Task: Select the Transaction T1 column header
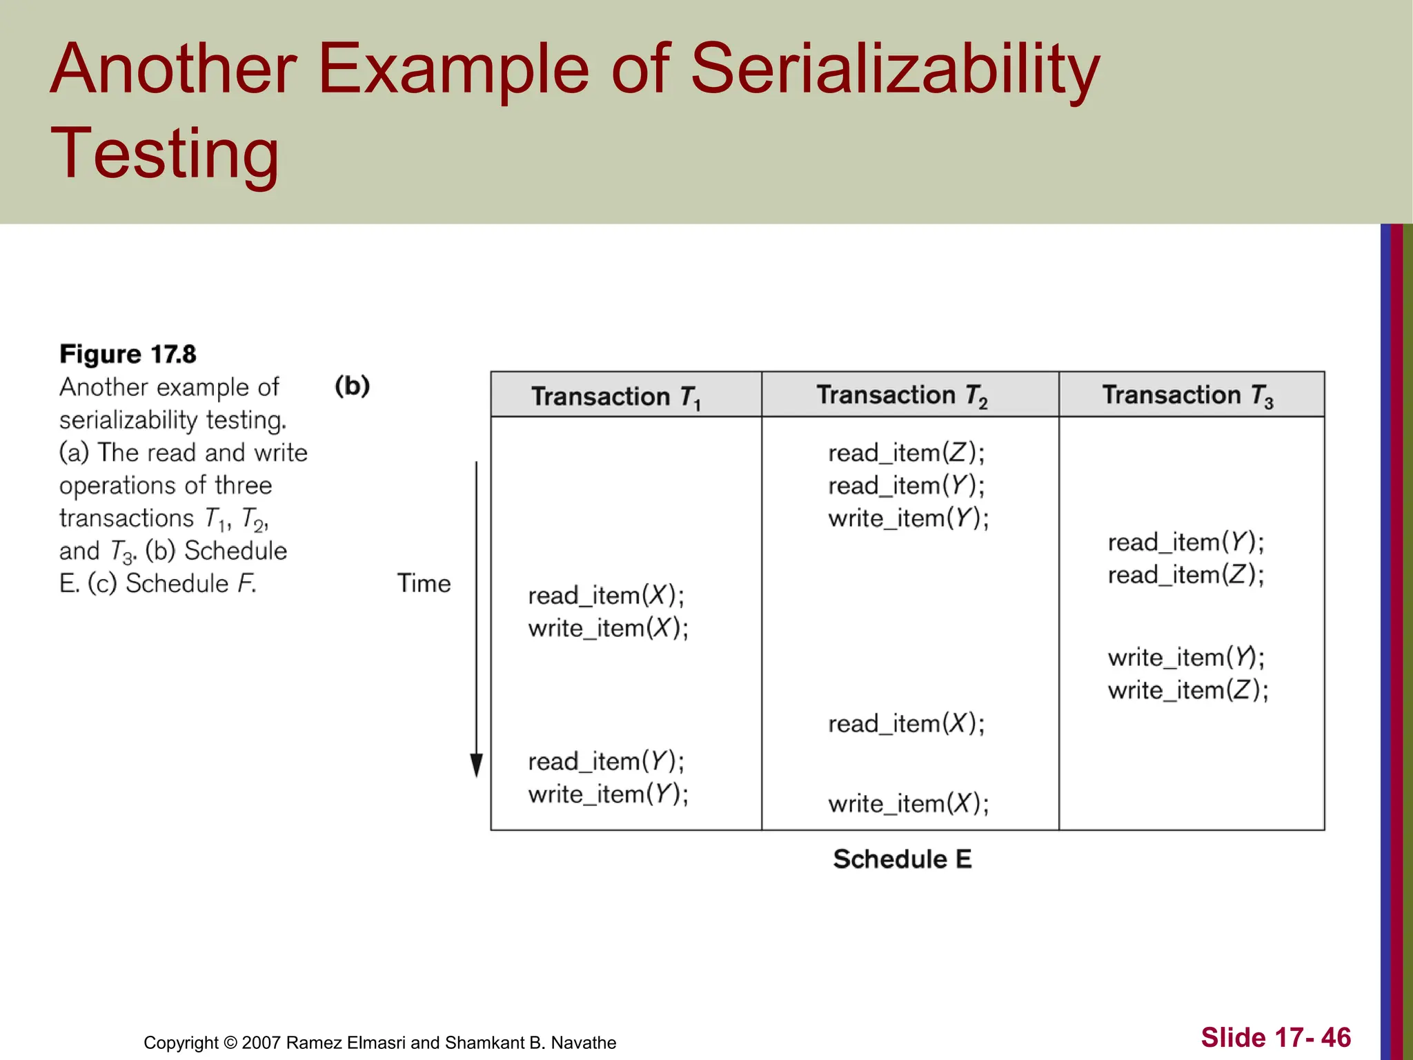coord(615,397)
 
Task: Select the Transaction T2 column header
coord(902,395)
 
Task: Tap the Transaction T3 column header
coord(1187,395)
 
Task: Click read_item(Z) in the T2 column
coord(906,453)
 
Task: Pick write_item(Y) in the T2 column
coord(908,518)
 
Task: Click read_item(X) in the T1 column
coord(606,596)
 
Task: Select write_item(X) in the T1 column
coord(608,629)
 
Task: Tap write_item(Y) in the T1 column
coord(608,794)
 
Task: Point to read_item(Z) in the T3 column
coord(1185,575)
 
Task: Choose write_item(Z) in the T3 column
coord(1187,690)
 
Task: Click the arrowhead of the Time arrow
coord(476,765)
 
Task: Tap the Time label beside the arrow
coord(423,584)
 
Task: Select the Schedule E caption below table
coord(902,859)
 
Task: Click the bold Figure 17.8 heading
coord(128,354)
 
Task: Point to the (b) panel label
coord(352,386)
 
